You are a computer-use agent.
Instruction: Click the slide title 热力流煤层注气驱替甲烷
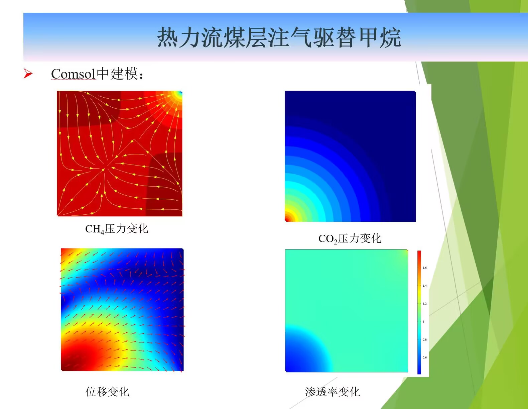pyautogui.click(x=279, y=37)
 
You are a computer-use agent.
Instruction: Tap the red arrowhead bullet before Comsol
pyautogui.click(x=28, y=74)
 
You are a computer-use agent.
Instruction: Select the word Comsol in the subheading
pyautogui.click(x=74, y=74)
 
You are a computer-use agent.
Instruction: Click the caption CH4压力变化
pyautogui.click(x=117, y=229)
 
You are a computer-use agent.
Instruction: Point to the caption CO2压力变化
pyautogui.click(x=350, y=239)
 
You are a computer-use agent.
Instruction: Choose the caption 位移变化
pyautogui.click(x=107, y=392)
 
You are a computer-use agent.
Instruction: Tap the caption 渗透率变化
pyautogui.click(x=333, y=392)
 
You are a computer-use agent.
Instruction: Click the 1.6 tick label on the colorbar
pyautogui.click(x=424, y=268)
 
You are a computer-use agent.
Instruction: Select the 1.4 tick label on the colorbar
pyautogui.click(x=424, y=286)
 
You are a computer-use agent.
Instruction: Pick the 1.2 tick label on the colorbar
pyautogui.click(x=424, y=304)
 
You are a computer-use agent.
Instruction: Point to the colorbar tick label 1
pyautogui.click(x=423, y=322)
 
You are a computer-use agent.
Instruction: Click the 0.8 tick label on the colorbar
pyautogui.click(x=424, y=340)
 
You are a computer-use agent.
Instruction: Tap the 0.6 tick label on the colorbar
pyautogui.click(x=424, y=358)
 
